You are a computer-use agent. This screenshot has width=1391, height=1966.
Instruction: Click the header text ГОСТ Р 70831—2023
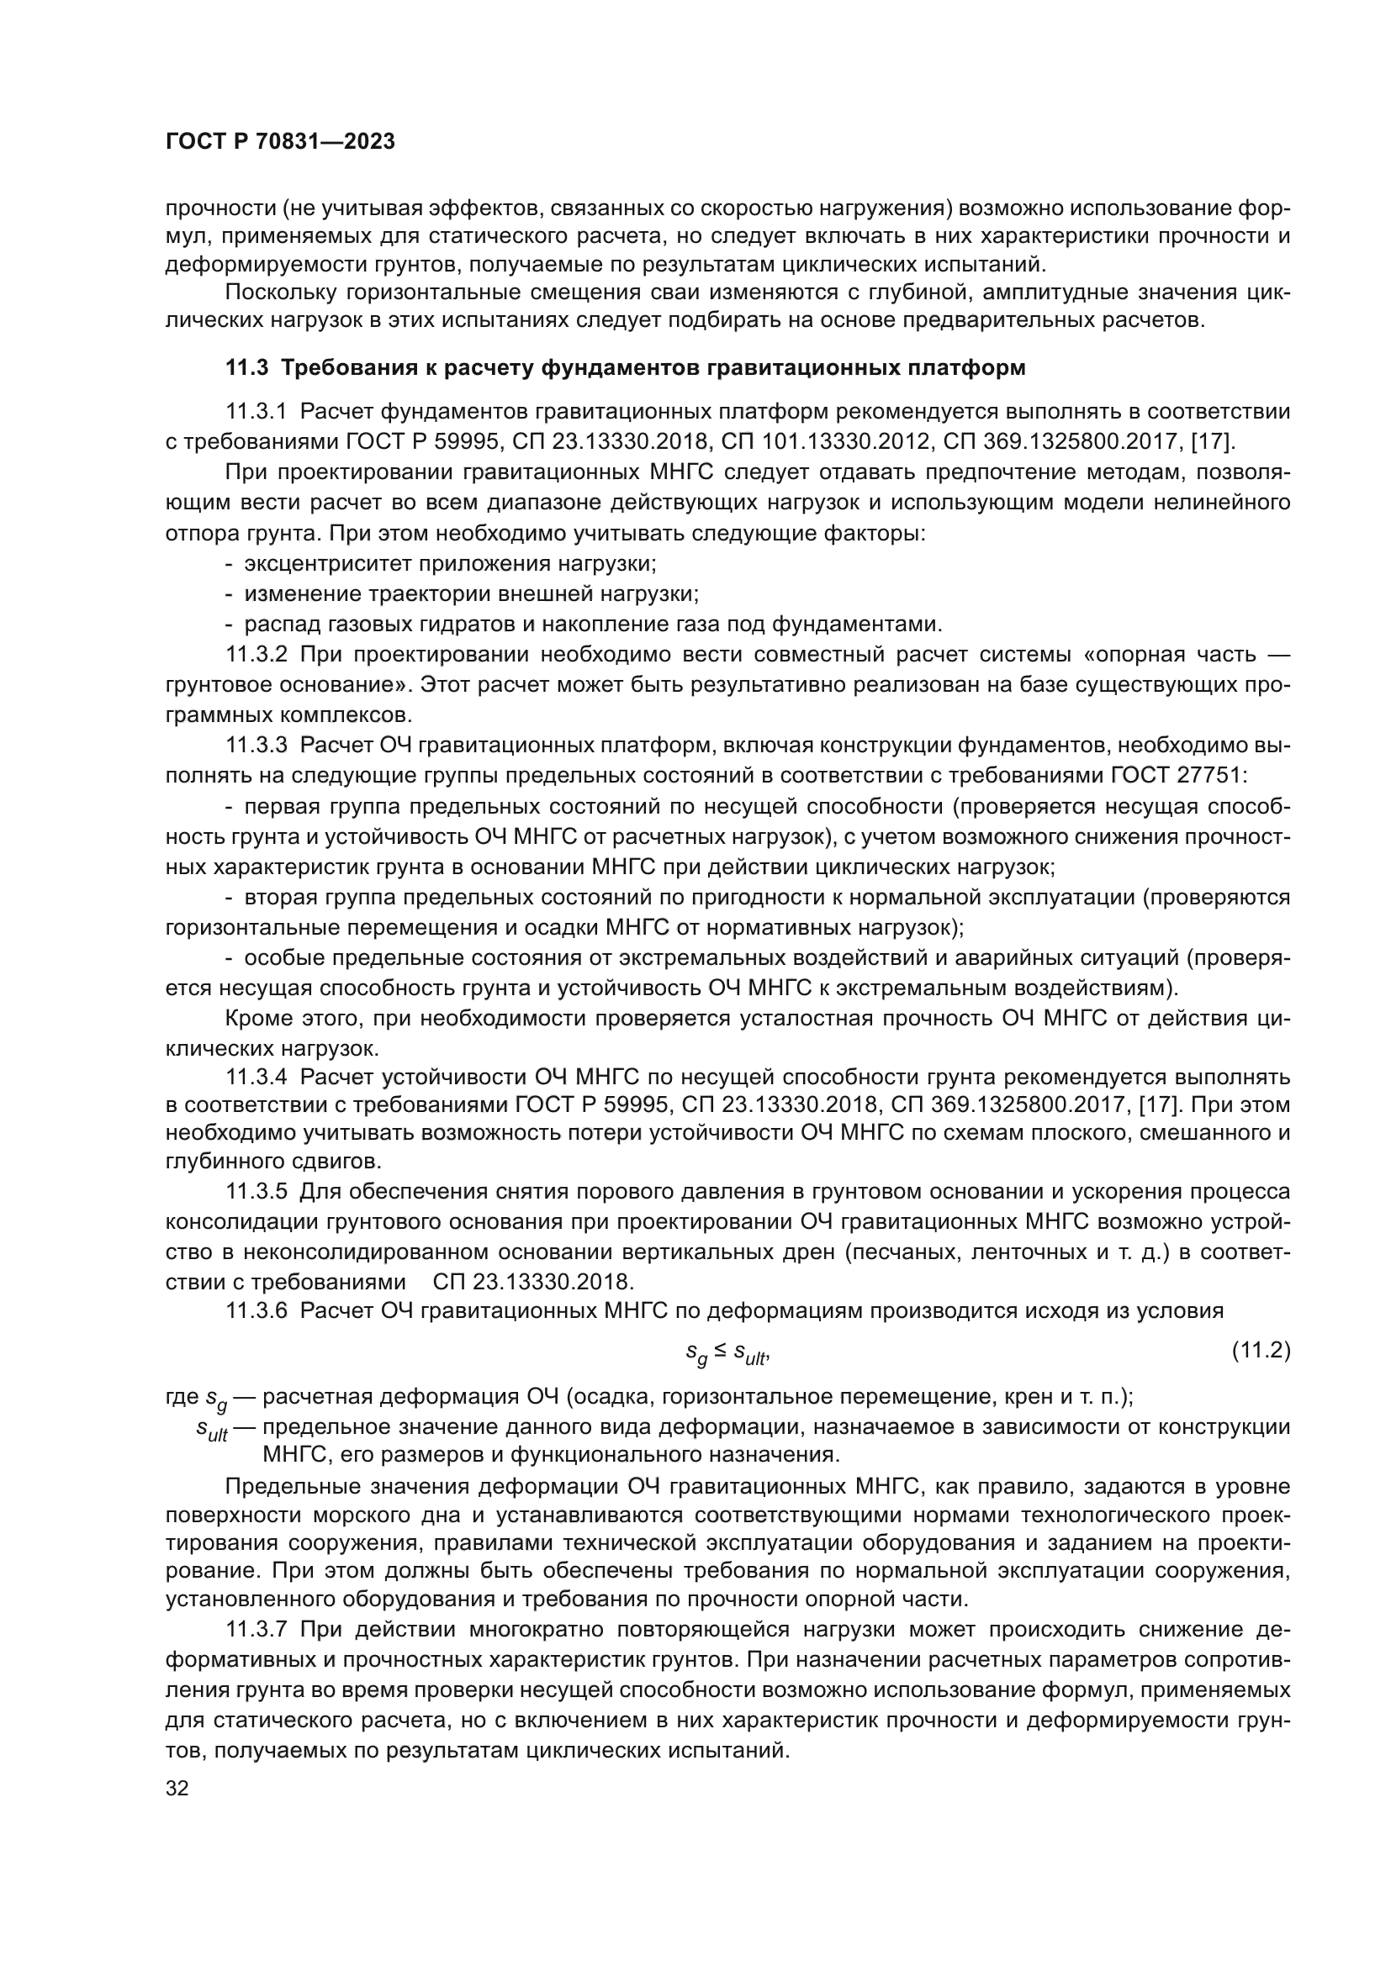click(280, 142)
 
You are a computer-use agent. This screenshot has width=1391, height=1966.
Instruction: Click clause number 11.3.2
click(256, 654)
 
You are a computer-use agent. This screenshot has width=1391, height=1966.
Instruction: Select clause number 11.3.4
click(256, 1077)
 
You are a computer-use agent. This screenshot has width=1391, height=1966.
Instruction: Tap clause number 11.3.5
click(256, 1192)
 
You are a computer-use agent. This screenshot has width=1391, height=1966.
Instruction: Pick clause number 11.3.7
click(256, 1629)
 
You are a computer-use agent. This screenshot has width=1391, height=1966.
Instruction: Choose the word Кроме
click(253, 1018)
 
